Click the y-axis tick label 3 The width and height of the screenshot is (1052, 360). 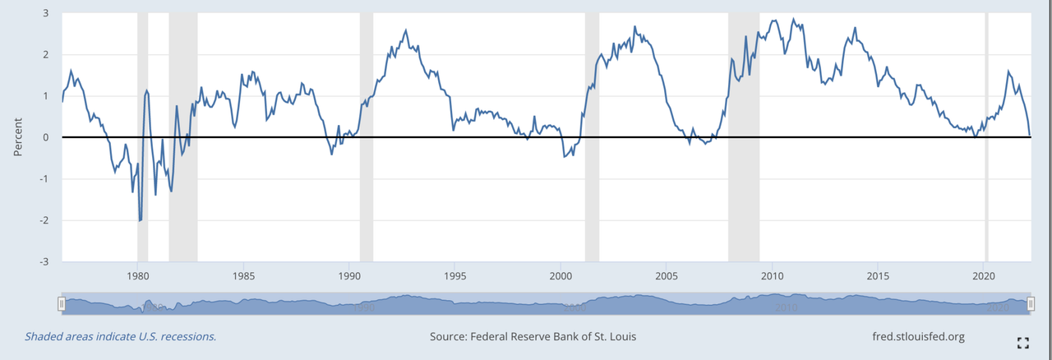coord(45,13)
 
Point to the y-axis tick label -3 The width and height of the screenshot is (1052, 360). coord(44,261)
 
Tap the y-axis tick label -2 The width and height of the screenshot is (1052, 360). coord(44,220)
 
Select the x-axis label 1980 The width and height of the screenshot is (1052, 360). coord(137,275)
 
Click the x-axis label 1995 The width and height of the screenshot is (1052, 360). coord(454,275)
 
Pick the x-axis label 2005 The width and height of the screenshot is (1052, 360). coord(667,275)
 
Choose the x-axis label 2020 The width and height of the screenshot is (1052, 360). coord(985,275)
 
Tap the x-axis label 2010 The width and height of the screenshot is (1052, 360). coord(773,275)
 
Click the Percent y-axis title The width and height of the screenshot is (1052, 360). coord(18,136)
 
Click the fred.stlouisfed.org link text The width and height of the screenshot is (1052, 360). coord(918,337)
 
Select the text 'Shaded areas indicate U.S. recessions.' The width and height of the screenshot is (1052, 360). coord(120,337)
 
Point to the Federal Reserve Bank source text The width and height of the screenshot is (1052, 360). coord(533,337)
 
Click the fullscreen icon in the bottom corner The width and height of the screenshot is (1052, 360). coord(1023,343)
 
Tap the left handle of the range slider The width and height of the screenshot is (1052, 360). coord(62,304)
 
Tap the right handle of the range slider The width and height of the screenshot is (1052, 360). coord(1029,304)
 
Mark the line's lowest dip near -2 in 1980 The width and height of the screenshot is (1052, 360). coord(141,220)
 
